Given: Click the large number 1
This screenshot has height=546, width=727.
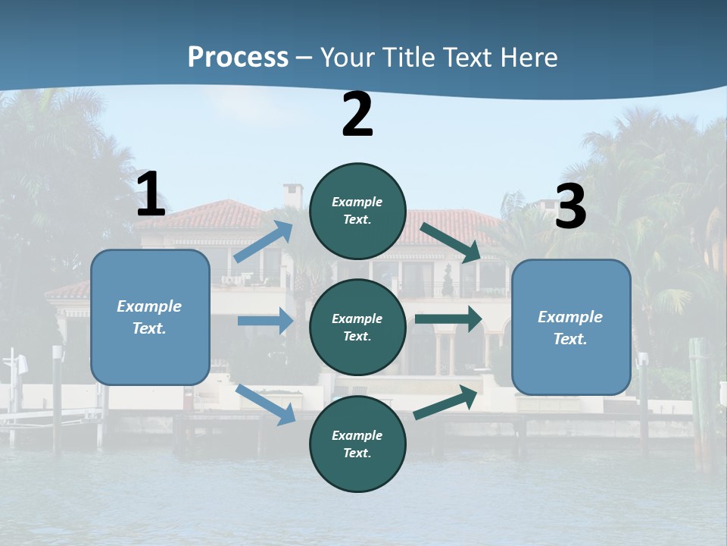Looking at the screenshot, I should point(151,195).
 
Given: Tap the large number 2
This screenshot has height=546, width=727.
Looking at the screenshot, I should point(357,115).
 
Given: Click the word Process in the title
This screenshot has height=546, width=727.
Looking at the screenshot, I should point(238,57).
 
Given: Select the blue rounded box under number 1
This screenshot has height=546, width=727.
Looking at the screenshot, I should point(150,317).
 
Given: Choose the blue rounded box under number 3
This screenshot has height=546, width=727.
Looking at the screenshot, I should point(571,327).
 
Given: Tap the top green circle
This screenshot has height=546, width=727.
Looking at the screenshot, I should point(357,211).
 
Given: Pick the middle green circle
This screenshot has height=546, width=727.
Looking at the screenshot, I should point(357,327).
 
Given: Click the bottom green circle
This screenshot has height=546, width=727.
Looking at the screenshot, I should point(357,444).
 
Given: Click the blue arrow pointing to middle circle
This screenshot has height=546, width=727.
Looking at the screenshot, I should point(265,321).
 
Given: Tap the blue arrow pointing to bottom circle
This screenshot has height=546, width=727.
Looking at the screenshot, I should point(266,404).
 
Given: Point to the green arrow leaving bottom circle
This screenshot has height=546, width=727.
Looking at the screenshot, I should point(448,402).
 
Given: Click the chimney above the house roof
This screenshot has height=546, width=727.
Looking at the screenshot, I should point(292,195).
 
